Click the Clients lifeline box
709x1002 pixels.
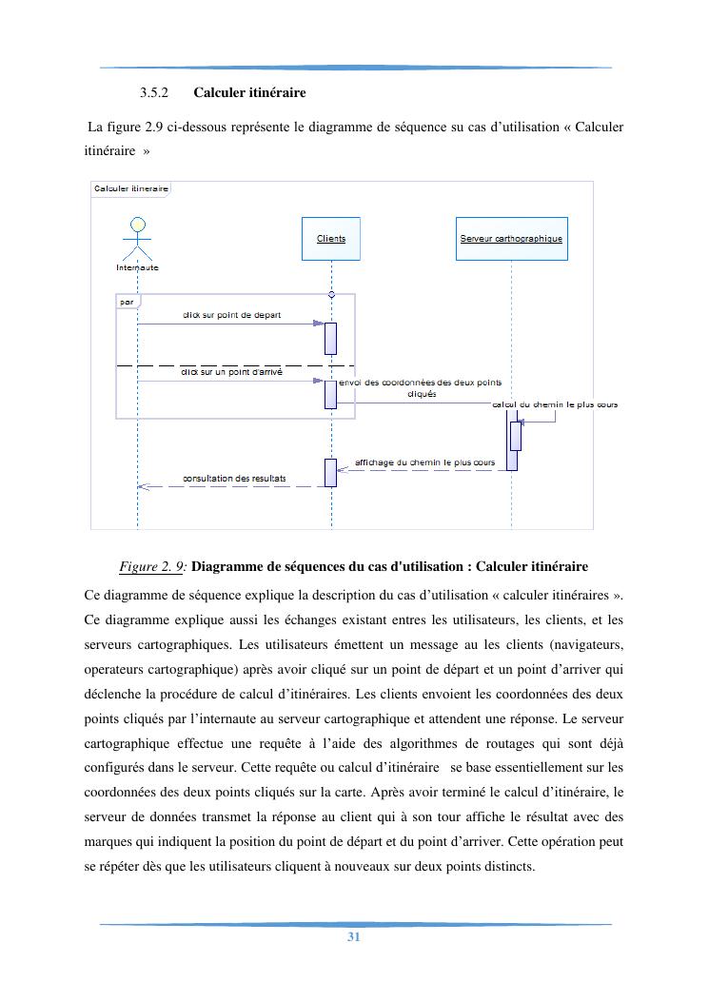331,239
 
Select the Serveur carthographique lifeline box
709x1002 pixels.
511,239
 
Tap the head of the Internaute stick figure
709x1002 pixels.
138,226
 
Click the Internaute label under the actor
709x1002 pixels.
137,267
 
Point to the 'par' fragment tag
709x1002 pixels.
127,302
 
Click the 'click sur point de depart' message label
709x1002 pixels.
231,315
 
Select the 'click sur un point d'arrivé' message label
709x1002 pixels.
231,373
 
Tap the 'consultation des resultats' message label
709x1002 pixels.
234,478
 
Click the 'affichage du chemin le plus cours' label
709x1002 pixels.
424,462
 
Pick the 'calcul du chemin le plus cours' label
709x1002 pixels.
555,404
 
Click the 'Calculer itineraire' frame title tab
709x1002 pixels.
131,188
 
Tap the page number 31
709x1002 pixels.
353,937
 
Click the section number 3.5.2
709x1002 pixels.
153,93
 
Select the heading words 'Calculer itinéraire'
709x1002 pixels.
249,93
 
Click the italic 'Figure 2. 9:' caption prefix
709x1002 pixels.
153,566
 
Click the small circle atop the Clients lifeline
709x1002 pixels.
331,293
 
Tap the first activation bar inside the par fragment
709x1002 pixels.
331,338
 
